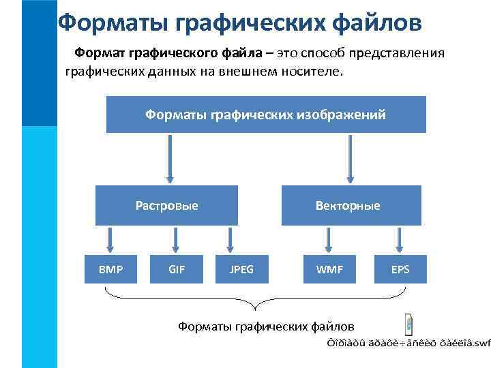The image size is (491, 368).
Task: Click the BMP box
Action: tap(110, 269)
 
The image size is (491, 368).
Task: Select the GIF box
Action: tap(177, 269)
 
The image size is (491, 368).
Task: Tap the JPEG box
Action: tap(242, 269)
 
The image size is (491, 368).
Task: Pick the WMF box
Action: tap(329, 269)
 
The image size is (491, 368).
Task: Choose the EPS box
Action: tap(400, 269)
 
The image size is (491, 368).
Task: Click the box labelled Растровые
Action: tap(166, 205)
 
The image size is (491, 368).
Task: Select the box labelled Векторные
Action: tap(348, 205)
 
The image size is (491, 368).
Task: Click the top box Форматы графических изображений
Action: tap(266, 114)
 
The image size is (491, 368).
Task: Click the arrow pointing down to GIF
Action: tap(176, 240)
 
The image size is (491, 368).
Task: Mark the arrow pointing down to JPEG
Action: tap(228, 240)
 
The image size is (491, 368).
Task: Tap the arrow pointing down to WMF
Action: tap(329, 240)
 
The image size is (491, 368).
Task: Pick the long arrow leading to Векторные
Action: tap(351, 159)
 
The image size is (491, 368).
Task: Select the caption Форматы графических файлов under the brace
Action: tap(266, 326)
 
